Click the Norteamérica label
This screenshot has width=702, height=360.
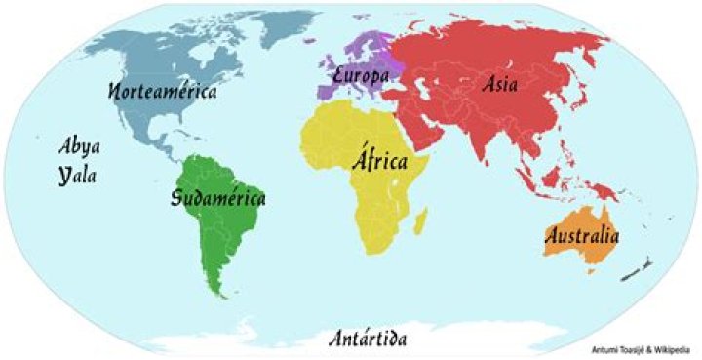pyautogui.click(x=163, y=92)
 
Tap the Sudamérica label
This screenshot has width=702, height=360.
pyautogui.click(x=217, y=199)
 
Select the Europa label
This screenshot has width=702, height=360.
pyautogui.click(x=362, y=75)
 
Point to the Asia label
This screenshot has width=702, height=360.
pyautogui.click(x=499, y=84)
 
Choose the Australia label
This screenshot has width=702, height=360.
pyautogui.click(x=582, y=235)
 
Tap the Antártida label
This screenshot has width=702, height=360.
pyautogui.click(x=367, y=339)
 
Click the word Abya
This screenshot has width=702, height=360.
pyautogui.click(x=80, y=147)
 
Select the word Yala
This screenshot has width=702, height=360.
pyautogui.click(x=80, y=177)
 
